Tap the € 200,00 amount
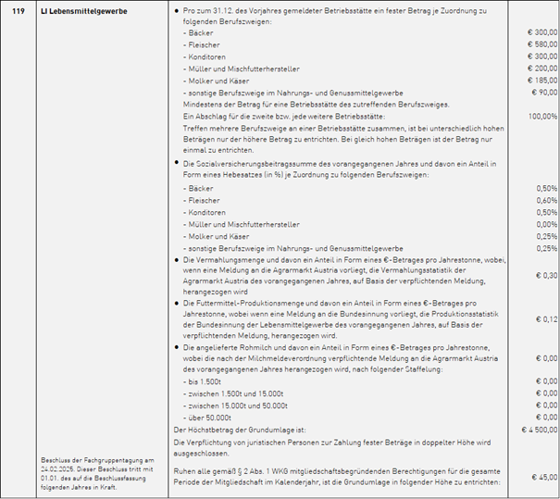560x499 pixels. point(541,68)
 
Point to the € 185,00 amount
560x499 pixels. point(541,80)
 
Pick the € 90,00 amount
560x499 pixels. point(543,92)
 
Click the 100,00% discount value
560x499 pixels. point(542,117)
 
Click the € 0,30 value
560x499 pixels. point(546,275)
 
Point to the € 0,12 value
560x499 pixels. point(546,318)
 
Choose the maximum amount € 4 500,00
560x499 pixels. point(540,430)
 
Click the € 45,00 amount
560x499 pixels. point(543,476)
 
